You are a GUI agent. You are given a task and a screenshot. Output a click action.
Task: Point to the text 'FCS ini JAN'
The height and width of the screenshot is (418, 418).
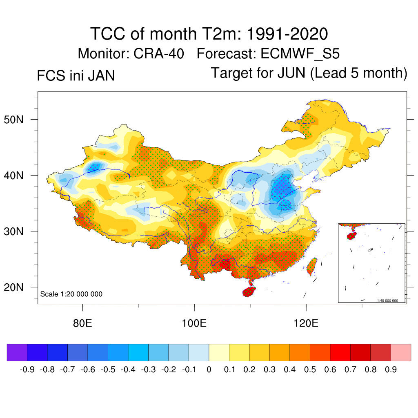tap(76, 76)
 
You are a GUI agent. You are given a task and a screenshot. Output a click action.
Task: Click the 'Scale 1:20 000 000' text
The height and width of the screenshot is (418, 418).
tap(71, 294)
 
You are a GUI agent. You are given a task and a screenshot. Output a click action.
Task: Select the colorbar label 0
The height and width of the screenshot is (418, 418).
tap(209, 370)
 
